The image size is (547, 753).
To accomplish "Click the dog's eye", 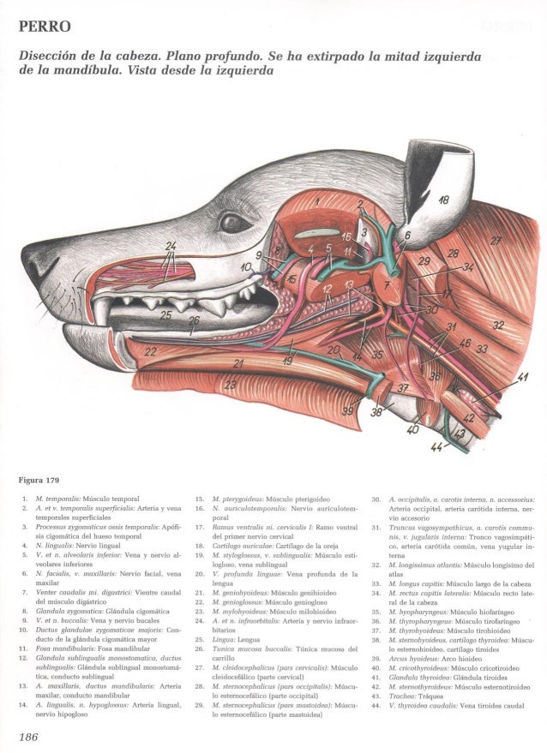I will [233, 224].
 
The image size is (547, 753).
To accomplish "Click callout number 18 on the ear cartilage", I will [442, 202].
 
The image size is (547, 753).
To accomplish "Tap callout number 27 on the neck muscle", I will [496, 239].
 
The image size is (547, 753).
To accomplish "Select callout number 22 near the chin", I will [152, 351].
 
